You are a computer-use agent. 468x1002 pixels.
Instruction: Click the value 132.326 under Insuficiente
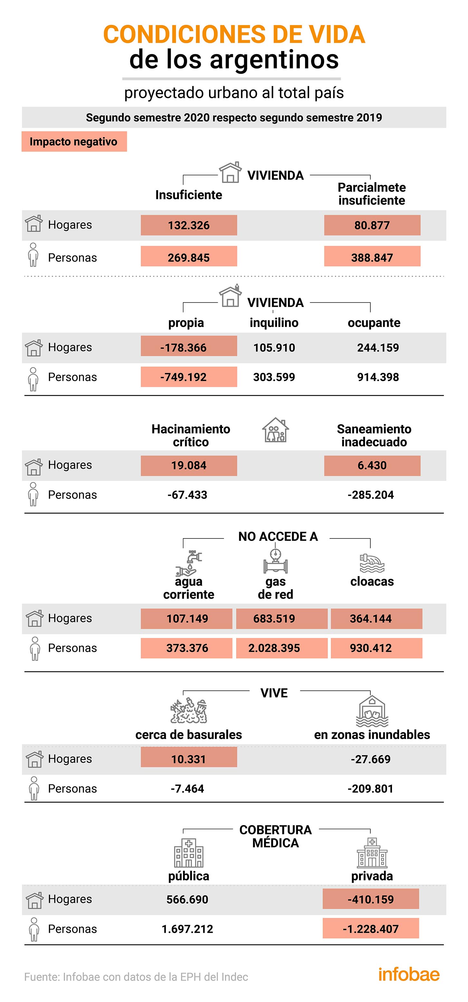[x=189, y=225]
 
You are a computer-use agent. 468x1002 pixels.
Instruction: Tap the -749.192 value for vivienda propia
[x=189, y=377]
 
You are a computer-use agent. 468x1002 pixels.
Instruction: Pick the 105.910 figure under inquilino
[x=274, y=347]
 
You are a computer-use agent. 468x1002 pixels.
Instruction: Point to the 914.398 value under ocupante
[x=378, y=377]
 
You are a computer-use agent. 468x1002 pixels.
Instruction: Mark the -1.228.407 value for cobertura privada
[x=371, y=929]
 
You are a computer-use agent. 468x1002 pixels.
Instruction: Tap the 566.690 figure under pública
[x=187, y=899]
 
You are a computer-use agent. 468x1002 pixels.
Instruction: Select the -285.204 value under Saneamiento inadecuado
[x=371, y=495]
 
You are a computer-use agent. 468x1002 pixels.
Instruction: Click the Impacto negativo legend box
[x=74, y=142]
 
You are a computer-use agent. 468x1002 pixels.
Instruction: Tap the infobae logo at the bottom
[x=409, y=974]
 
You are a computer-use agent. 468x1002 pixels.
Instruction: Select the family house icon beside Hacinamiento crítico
[x=276, y=430]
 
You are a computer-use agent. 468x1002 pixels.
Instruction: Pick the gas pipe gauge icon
[x=276, y=561]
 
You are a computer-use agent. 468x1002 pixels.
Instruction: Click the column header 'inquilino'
[x=274, y=323]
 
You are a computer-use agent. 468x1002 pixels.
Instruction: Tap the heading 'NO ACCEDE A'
[x=278, y=536]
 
